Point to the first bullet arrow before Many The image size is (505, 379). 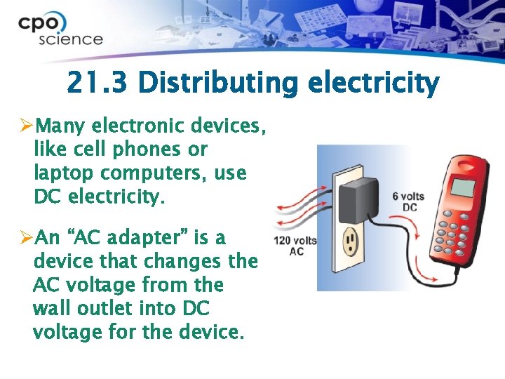click(27, 126)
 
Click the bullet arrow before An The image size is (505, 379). click(27, 238)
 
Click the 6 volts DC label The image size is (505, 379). click(408, 202)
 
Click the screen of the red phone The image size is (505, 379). click(462, 187)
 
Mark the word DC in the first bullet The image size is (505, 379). click(47, 197)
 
